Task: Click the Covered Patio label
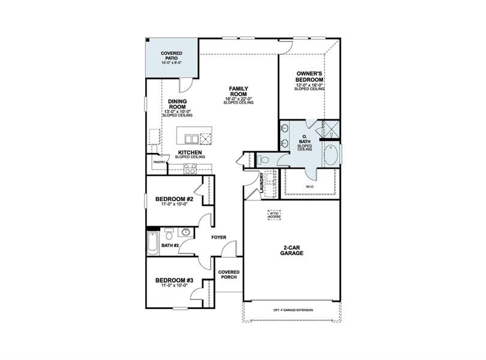[x=172, y=55]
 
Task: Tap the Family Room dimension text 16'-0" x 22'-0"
[x=239, y=99]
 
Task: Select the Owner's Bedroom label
[x=310, y=77]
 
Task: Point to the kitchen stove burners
[x=191, y=170]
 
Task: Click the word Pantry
[x=159, y=162]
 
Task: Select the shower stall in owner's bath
[x=331, y=128]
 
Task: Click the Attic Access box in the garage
[x=274, y=215]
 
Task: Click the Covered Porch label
[x=229, y=275]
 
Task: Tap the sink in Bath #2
[x=186, y=232]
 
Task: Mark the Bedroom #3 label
[x=174, y=280]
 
